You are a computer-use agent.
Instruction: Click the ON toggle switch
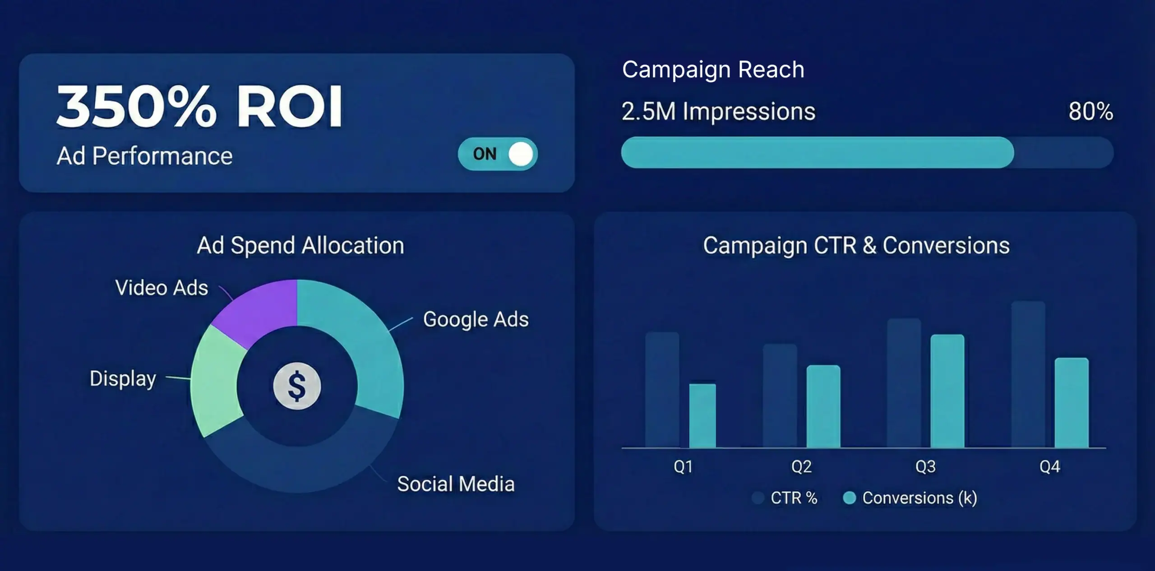pos(498,154)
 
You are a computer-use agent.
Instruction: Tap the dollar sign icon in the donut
pos(297,386)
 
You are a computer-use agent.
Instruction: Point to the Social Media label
pos(456,484)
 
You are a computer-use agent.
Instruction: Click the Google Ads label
pos(476,320)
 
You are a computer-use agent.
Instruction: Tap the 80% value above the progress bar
pos(1090,111)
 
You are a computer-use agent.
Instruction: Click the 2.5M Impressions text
pos(718,111)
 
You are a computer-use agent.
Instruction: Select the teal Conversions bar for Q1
pos(702,415)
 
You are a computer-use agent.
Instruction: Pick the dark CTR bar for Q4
pos(1028,374)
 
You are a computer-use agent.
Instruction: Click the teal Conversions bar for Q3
pos(947,391)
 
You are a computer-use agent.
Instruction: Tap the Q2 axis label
pos(801,466)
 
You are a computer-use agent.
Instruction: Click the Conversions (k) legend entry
pos(910,498)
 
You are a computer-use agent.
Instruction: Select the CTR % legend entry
pos(785,498)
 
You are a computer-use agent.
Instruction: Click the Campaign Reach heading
pos(713,69)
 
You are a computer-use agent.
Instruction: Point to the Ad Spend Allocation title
pos(300,246)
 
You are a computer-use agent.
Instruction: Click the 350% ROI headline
pos(199,107)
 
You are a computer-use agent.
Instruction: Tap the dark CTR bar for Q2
pos(780,396)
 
